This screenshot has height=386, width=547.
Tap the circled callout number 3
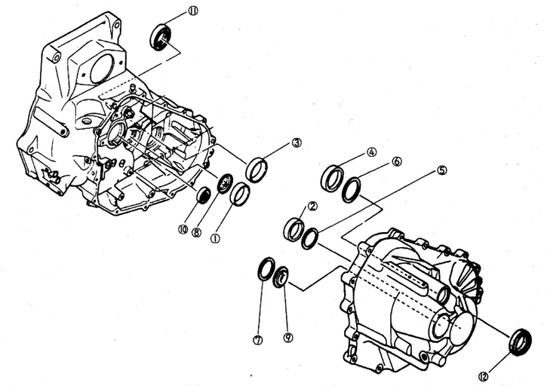[x=297, y=142]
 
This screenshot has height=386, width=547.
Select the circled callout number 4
[x=371, y=152]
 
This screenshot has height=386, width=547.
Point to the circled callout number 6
[x=397, y=162]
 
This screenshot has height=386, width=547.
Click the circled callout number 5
[x=442, y=170]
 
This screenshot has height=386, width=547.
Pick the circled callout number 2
[x=312, y=205]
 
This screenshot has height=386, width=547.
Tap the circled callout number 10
[x=183, y=229]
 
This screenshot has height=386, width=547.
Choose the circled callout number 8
[x=196, y=234]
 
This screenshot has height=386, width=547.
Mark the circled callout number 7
[x=259, y=339]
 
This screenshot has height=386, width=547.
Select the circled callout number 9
[x=287, y=338]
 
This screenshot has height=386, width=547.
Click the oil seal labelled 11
[x=161, y=37]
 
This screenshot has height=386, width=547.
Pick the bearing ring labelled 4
[x=332, y=178]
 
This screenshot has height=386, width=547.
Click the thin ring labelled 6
[x=352, y=189]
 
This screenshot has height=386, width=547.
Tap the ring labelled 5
[x=309, y=240]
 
